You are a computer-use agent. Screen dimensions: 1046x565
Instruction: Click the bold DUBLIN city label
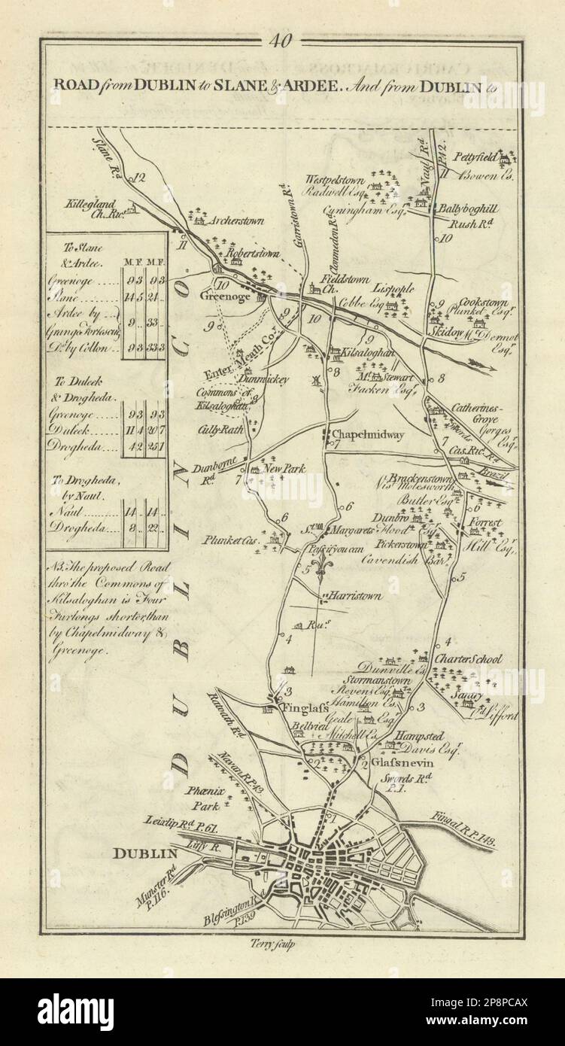point(144,853)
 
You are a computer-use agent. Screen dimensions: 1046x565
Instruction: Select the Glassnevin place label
point(390,760)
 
